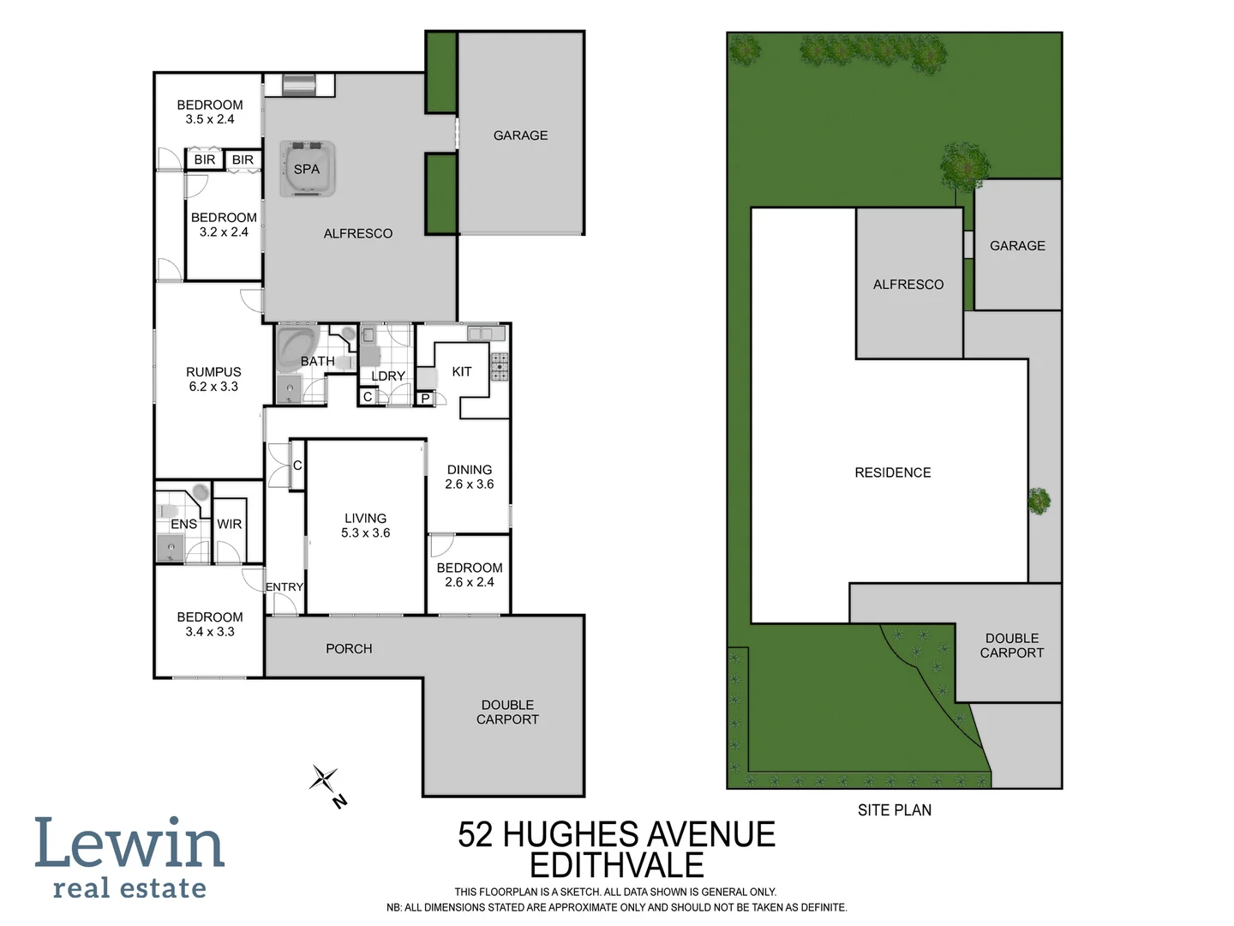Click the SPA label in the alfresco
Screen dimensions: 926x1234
pos(306,169)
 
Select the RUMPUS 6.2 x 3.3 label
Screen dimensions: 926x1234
pos(213,379)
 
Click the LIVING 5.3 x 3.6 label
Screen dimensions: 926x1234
pos(365,526)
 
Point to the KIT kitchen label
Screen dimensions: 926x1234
pos(461,371)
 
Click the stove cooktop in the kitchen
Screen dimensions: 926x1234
pos(499,366)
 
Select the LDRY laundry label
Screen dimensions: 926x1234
pos(387,376)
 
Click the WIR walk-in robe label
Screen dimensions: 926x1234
pos(229,524)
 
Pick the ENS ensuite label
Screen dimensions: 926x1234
pos(183,524)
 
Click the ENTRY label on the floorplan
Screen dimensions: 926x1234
pos(284,587)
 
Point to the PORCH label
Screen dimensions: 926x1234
pos(349,649)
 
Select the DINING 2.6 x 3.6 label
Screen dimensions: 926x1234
pos(470,477)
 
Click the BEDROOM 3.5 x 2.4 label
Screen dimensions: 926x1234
pos(210,111)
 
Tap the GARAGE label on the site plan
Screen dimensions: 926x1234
pos(1017,246)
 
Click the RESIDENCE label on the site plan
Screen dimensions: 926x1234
pos(892,472)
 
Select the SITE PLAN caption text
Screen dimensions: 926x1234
pos(894,810)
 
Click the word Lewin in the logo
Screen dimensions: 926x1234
pos(129,844)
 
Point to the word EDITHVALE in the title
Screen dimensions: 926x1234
pos(616,866)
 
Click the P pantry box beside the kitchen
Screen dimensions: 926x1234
pos(425,399)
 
